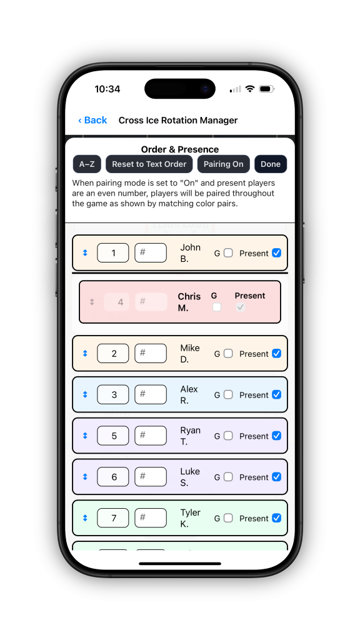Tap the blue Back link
tap(92, 120)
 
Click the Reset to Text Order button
tap(149, 164)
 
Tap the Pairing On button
tap(223, 164)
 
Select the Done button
tap(271, 164)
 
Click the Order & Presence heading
tap(180, 149)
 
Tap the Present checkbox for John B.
tap(277, 252)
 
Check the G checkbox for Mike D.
tap(228, 354)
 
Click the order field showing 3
tap(113, 395)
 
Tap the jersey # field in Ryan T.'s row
tap(151, 436)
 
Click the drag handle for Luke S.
tap(85, 477)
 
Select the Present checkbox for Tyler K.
tap(277, 518)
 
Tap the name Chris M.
tap(189, 302)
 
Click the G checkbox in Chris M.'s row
tap(217, 307)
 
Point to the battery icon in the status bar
tap(267, 89)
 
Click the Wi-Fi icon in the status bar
tap(250, 89)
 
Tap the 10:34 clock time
tap(107, 89)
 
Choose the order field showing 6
tap(113, 477)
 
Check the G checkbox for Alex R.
tap(228, 395)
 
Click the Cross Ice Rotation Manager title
tap(178, 121)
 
